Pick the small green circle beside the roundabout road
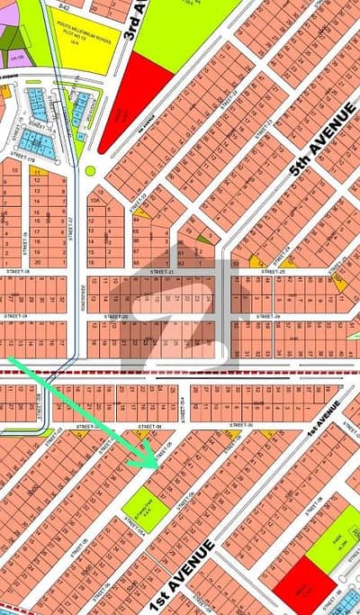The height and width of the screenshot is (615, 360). tap(89, 170)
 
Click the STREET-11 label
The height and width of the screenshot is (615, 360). tap(162, 270)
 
